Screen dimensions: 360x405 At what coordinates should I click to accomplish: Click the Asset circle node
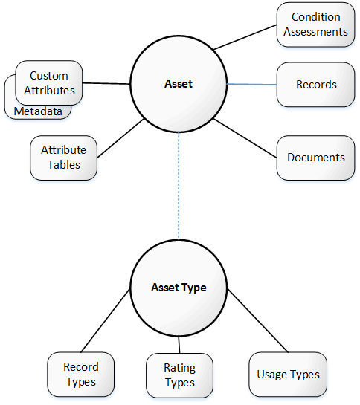tap(179, 84)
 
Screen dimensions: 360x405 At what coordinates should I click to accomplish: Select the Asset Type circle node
tap(179, 288)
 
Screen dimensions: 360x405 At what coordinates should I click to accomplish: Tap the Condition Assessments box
tap(315, 25)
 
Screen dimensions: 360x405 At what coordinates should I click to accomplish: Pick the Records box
tap(315, 85)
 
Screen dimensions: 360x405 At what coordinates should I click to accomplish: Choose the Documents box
tap(315, 158)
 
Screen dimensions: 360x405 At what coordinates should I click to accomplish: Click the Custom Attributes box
tap(49, 83)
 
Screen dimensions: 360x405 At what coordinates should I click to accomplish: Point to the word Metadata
tap(38, 111)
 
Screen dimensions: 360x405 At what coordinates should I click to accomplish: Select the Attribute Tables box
tap(64, 158)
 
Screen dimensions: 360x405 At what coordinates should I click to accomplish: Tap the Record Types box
tap(80, 375)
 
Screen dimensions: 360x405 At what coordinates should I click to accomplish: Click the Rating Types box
tap(179, 375)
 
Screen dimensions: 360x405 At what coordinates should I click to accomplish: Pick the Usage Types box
tap(288, 375)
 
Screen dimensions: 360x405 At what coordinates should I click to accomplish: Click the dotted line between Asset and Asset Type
tap(179, 186)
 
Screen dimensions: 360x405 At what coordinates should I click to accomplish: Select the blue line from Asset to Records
tap(252, 84)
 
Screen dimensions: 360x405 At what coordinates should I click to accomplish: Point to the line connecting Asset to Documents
tap(245, 138)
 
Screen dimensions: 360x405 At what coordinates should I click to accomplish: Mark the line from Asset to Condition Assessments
tap(245, 37)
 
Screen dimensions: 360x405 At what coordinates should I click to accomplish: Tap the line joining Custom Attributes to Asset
tap(106, 83)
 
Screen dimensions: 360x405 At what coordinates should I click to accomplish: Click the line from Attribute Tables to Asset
tap(120, 138)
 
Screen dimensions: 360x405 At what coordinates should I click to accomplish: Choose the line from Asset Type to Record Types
tap(106, 320)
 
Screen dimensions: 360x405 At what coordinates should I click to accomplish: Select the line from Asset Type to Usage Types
tap(257, 321)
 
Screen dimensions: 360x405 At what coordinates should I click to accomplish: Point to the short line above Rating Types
tap(179, 345)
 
